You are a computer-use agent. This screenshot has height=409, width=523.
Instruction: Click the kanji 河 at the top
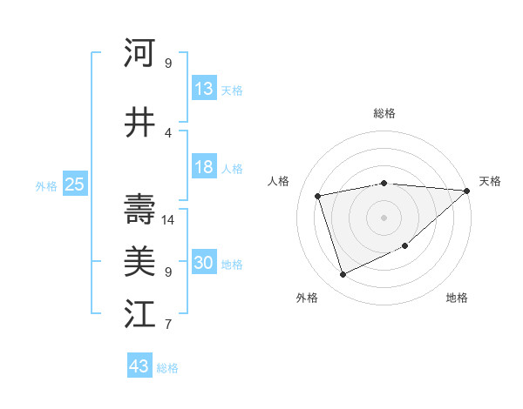(x=139, y=53)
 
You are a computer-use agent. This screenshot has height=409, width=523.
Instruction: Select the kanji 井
(x=139, y=123)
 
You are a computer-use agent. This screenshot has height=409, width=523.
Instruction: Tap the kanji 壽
(x=139, y=209)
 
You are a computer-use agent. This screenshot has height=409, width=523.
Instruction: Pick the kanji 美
(x=139, y=260)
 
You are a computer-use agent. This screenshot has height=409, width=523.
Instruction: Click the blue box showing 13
(x=204, y=89)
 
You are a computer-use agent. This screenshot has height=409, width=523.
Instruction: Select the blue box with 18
(x=204, y=168)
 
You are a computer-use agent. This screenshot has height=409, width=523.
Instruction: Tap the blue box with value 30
(x=204, y=264)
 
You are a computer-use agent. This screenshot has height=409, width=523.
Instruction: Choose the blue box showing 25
(x=74, y=184)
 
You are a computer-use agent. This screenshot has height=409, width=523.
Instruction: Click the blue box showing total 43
(x=139, y=366)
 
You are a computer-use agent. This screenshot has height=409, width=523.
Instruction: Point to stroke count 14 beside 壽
(x=169, y=220)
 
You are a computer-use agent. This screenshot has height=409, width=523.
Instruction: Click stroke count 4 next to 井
(x=168, y=133)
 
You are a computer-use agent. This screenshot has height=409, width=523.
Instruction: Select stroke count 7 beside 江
(x=168, y=325)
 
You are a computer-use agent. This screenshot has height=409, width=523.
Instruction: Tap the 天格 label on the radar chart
(x=490, y=181)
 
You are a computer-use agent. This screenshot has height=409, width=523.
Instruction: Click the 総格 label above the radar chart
(x=384, y=113)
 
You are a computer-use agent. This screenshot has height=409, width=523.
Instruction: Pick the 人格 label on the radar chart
(x=279, y=181)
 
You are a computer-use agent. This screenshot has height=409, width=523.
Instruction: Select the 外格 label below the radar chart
(x=307, y=298)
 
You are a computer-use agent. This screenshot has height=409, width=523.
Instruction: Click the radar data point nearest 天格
(x=467, y=191)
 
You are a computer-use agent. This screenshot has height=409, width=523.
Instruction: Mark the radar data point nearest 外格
(x=343, y=275)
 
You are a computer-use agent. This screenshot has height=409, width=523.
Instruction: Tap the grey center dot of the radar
(x=384, y=217)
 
